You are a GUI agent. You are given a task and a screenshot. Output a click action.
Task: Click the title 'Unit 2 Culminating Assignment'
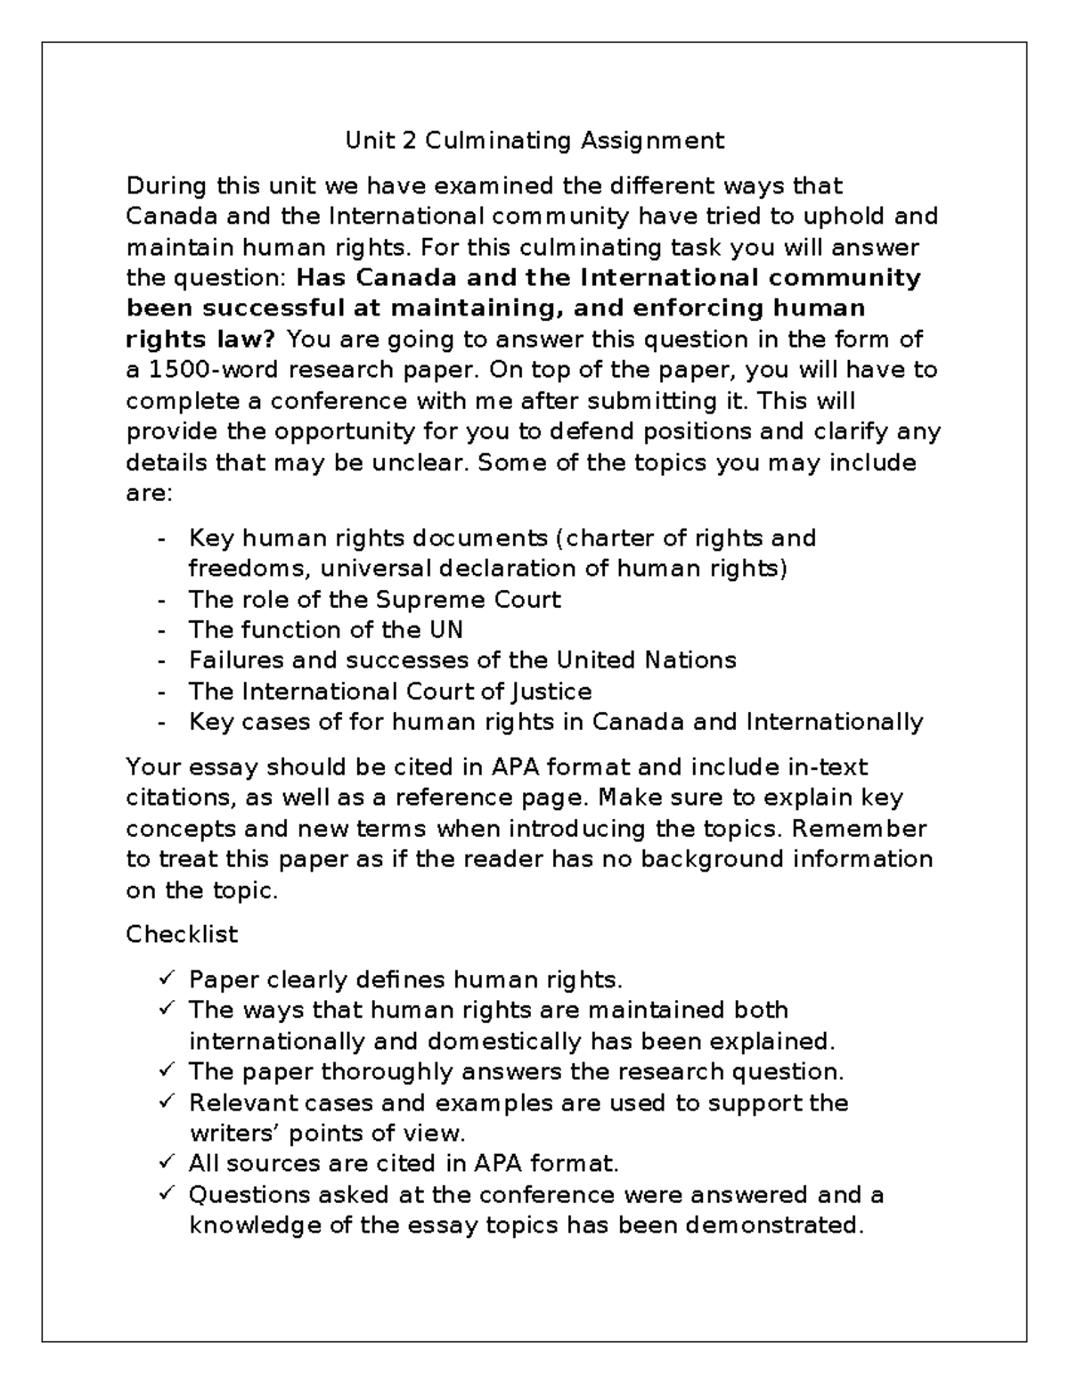point(534,141)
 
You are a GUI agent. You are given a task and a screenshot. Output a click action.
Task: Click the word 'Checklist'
point(182,934)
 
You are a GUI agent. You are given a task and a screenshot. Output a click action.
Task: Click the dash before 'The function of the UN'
point(161,631)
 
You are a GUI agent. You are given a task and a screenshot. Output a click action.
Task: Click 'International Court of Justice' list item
point(389,692)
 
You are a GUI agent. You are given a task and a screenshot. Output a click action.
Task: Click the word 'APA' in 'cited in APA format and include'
point(512,766)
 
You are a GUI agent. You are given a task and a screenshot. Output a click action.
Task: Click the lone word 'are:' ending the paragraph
point(148,493)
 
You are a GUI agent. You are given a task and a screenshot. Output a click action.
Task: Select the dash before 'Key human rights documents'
point(161,539)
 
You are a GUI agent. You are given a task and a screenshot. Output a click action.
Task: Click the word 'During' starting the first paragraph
point(167,186)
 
